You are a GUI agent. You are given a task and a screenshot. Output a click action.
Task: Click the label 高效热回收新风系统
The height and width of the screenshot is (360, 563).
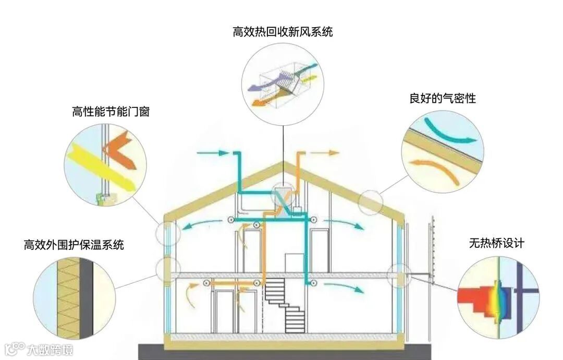tap(283, 32)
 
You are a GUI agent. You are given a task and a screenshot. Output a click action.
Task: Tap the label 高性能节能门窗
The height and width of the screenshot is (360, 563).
tap(111, 111)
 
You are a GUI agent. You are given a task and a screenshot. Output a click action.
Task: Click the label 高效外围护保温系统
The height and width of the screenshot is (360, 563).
tap(74, 244)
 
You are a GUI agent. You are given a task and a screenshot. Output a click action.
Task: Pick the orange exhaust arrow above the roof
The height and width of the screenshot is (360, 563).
tap(325, 153)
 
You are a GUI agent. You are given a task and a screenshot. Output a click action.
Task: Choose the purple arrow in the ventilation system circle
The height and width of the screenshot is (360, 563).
tap(263, 83)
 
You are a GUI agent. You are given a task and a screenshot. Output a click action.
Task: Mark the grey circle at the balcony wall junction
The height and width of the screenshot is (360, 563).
tap(400, 275)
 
